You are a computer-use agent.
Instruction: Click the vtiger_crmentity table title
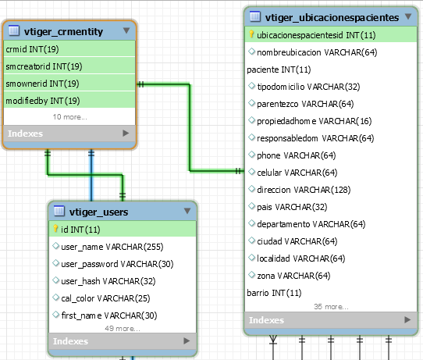coord(63,31)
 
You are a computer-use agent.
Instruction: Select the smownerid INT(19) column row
coord(42,84)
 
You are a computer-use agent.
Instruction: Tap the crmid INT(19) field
coord(32,49)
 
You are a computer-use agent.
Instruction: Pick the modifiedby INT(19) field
coord(43,101)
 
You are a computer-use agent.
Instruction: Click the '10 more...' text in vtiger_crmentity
coord(70,117)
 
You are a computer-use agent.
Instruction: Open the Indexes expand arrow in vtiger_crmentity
coord(126,133)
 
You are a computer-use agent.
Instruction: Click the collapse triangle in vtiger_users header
coord(187,211)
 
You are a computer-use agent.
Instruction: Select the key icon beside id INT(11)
coord(55,229)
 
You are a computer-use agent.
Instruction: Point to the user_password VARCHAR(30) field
coord(117,264)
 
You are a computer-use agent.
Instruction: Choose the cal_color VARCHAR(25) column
coord(105,298)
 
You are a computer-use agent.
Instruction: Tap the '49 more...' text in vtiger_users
coord(123,329)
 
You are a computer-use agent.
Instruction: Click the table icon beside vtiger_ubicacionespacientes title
coord(255,16)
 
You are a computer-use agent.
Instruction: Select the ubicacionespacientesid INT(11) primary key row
coord(316,35)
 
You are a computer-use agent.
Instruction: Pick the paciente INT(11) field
coord(279,70)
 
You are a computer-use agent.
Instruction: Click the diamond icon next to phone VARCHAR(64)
coord(252,155)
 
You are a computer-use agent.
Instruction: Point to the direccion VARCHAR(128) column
coord(304,190)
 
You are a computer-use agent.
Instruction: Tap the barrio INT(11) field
coord(274,293)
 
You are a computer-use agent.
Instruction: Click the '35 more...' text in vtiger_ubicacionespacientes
coord(331,307)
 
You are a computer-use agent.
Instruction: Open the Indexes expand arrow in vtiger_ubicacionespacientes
coord(407,320)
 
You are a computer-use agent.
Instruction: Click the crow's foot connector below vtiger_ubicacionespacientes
coord(273,340)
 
